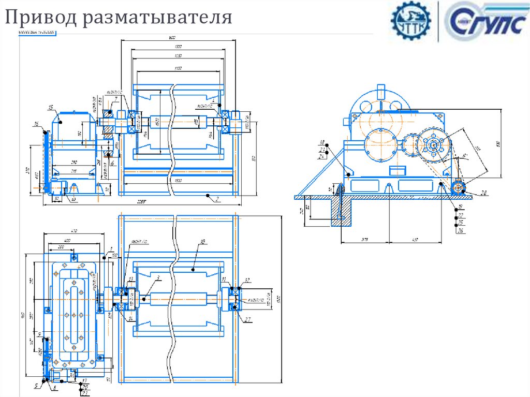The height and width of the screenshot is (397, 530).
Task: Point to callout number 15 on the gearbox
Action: (51, 107)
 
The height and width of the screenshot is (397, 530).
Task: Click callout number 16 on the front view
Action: (36, 124)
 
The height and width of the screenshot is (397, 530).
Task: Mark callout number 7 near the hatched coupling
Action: (116, 98)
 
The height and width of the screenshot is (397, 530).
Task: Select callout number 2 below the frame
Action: (218, 198)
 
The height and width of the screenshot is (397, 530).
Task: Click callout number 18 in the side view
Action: (322, 142)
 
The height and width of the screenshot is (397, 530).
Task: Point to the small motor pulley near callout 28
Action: (458, 188)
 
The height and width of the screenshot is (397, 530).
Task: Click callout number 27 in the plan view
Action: (248, 319)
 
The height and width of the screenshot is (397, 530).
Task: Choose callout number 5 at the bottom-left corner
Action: (36, 386)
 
